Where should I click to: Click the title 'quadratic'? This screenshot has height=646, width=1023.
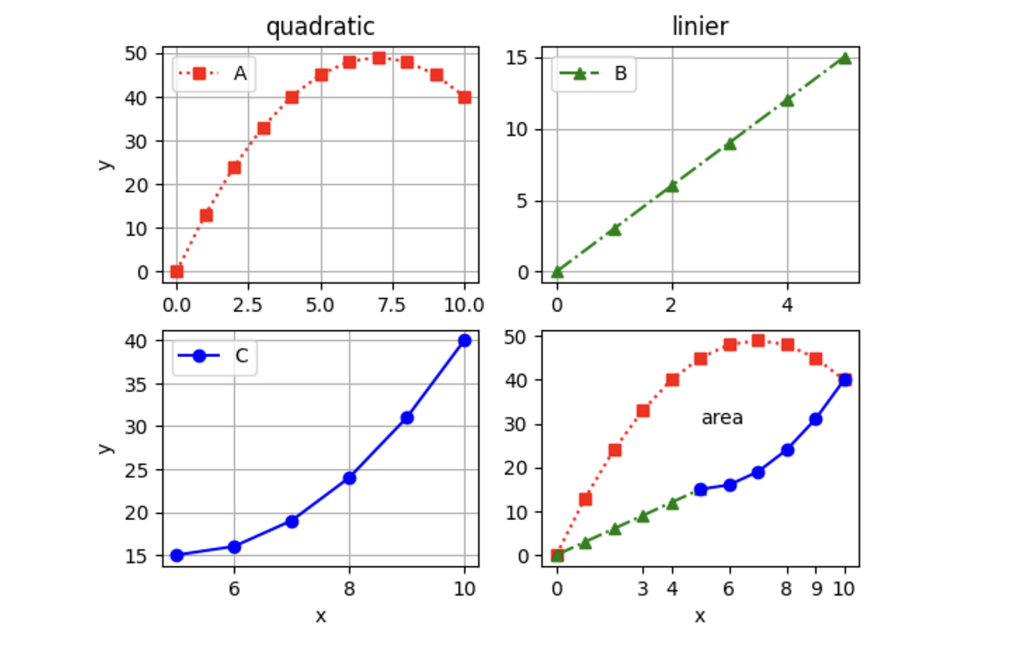click(320, 27)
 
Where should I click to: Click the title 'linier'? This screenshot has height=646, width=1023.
click(700, 27)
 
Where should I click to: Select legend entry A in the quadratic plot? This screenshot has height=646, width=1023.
click(240, 73)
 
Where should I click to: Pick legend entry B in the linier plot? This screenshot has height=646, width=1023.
click(620, 73)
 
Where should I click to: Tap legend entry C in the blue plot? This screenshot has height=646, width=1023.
click(242, 357)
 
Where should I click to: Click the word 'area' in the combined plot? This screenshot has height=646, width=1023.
click(722, 418)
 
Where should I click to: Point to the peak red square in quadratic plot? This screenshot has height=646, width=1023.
click(379, 58)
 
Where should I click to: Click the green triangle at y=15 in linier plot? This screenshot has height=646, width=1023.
click(844, 58)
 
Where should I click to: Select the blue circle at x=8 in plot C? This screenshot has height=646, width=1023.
click(350, 478)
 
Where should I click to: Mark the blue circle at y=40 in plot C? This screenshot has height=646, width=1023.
click(464, 341)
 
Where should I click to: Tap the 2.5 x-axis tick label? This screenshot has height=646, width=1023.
click(249, 305)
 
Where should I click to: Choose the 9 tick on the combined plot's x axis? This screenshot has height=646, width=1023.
click(816, 589)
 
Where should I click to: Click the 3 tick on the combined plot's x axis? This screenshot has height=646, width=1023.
click(643, 589)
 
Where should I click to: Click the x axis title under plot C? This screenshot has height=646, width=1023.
click(320, 616)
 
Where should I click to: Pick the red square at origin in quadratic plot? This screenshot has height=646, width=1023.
click(177, 271)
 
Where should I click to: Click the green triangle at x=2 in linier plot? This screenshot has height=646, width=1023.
click(672, 186)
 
